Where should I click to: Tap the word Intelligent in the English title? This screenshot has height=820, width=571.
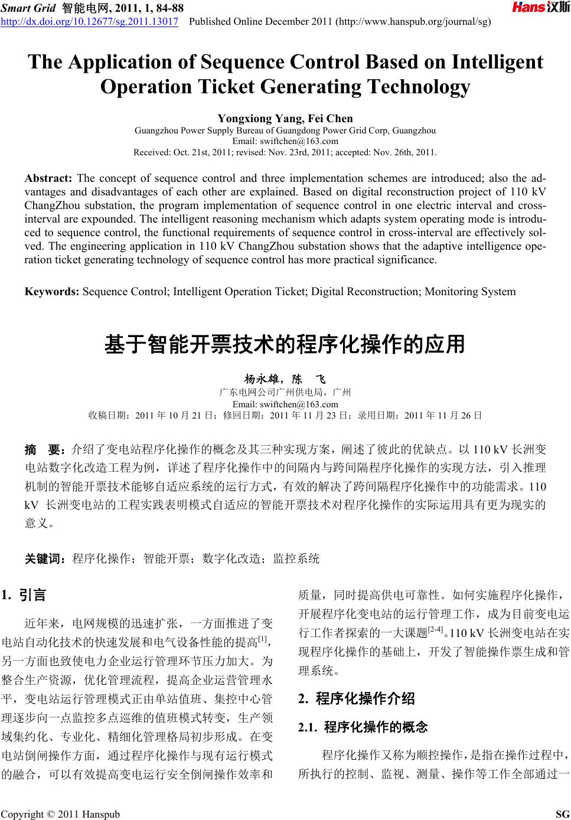coord(497,62)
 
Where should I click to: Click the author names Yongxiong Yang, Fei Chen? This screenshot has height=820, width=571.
coord(285,119)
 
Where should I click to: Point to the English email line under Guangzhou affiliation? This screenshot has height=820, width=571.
coord(285,141)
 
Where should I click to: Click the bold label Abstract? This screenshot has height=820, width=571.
coord(48,178)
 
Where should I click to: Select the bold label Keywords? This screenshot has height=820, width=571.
coord(53,291)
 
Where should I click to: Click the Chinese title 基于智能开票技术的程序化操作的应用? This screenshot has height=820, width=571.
coord(285,344)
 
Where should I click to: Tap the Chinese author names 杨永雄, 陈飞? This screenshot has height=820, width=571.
coord(285,379)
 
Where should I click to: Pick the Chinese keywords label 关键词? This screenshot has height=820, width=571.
coord(47,558)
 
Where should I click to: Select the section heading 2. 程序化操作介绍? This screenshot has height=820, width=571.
coord(357,700)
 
